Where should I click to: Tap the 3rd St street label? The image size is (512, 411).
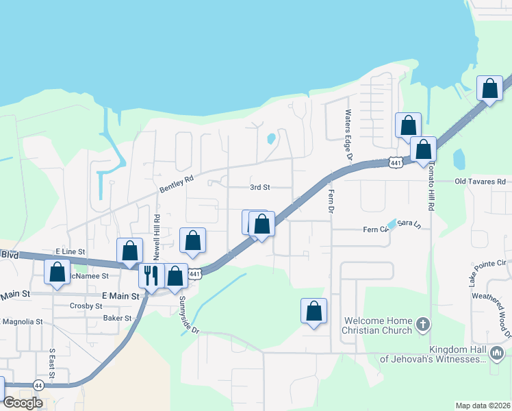pyautogui.click(x=260, y=187)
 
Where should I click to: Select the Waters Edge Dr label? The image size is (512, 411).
pyautogui.click(x=348, y=135)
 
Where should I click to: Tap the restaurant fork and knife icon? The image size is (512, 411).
pyautogui.click(x=151, y=275)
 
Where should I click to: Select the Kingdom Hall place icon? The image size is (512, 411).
pyautogui.click(x=497, y=353)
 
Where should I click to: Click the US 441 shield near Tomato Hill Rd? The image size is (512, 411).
pyautogui.click(x=395, y=162)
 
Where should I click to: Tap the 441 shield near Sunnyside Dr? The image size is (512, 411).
pyautogui.click(x=195, y=274)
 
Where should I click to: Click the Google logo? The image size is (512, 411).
pyautogui.click(x=23, y=403)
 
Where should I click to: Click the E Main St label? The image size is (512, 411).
pyautogui.click(x=120, y=296)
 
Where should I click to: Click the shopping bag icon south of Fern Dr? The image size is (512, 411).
pyautogui.click(x=313, y=311)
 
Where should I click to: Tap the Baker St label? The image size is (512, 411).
pyautogui.click(x=117, y=319)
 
